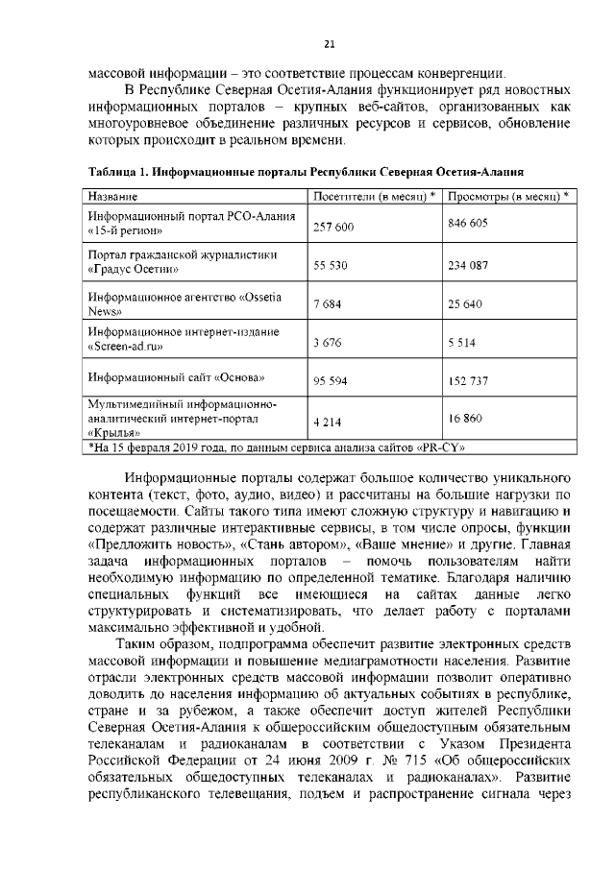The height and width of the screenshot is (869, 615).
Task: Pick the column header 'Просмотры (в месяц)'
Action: pos(508,196)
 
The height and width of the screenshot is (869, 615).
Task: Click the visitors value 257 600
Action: pos(334,227)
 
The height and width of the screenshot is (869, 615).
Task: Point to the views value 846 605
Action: pos(469,222)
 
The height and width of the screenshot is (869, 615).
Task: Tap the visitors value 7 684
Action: pos(328,305)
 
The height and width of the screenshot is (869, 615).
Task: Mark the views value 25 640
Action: pos(465,305)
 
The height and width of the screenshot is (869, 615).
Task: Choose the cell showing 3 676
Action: pos(328,341)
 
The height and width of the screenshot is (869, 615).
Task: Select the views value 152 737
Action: pos(469,381)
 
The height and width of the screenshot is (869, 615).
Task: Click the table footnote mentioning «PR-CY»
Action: pos(279,447)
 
